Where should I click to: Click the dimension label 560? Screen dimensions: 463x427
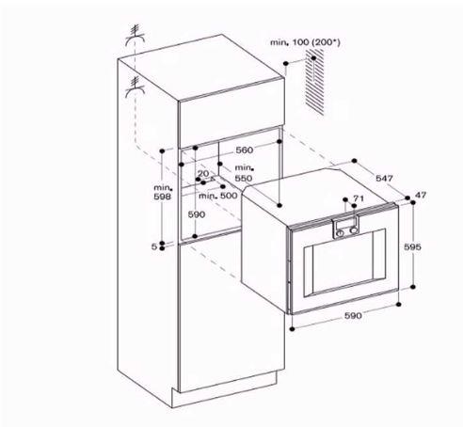tap(245, 150)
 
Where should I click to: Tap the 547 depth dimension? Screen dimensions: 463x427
tap(384, 178)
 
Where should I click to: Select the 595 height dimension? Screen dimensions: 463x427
tap(412, 247)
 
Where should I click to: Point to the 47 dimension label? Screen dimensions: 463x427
tap(421, 195)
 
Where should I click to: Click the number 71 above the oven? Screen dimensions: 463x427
tap(359, 198)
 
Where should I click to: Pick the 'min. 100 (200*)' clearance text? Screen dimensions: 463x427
tap(305, 42)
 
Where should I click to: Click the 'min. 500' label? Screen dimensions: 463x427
tap(218, 196)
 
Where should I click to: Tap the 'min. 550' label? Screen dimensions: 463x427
tap(244, 173)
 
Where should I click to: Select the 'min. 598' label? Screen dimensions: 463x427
tap(163, 192)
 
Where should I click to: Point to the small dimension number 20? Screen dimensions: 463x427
tap(203, 173)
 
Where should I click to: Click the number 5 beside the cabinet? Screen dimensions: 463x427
tap(154, 246)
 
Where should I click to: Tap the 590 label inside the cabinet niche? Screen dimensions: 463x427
tap(197, 214)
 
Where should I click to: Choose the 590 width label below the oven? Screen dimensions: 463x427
tap(353, 316)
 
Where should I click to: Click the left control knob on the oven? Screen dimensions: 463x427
tap(340, 233)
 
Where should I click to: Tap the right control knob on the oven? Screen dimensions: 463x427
tap(354, 230)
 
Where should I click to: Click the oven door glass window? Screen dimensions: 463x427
tap(344, 261)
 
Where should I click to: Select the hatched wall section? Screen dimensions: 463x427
tap(314, 85)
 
